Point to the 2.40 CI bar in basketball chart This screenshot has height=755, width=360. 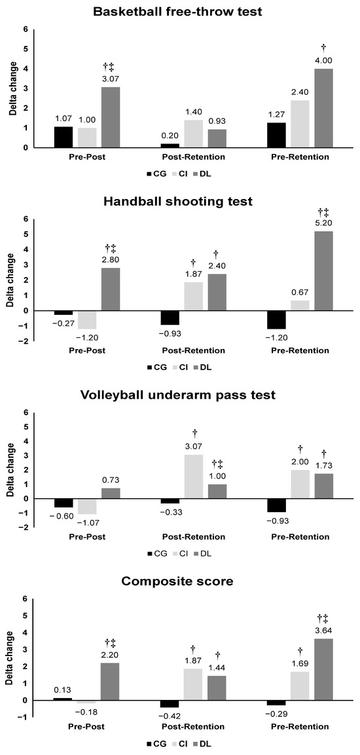click(298, 124)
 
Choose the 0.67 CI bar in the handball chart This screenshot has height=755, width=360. click(298, 305)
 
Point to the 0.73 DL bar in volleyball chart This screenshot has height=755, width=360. click(109, 493)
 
